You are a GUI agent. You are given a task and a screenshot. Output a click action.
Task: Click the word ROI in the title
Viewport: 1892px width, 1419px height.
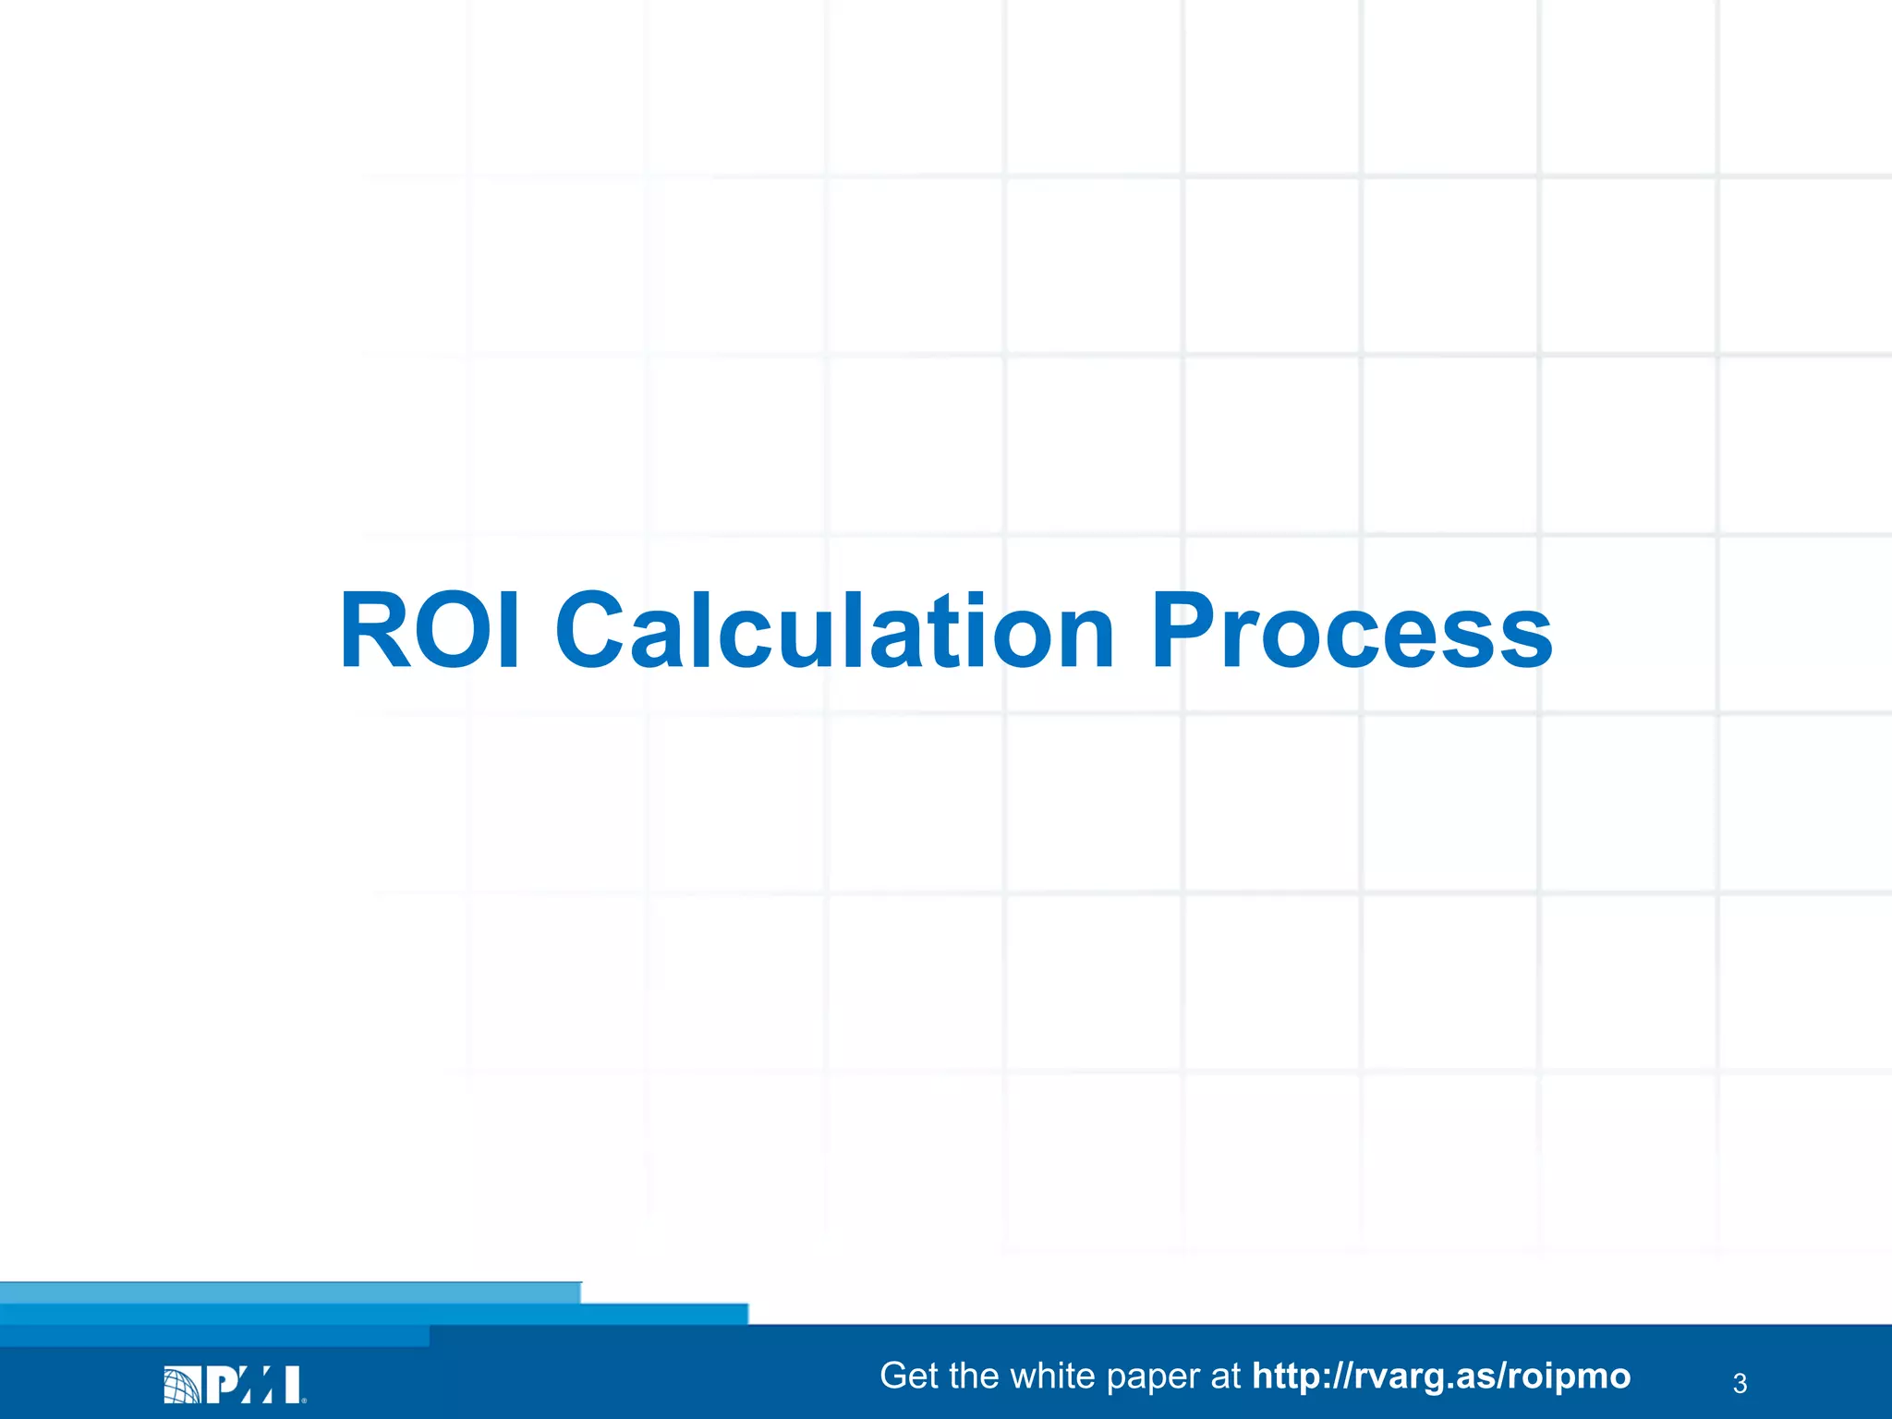coord(430,630)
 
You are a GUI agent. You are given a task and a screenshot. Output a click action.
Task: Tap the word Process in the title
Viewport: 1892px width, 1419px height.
coord(1351,630)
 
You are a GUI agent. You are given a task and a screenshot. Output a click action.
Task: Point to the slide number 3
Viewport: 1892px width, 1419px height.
coord(1740,1383)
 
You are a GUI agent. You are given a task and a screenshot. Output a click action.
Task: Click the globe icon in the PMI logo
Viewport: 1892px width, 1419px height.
coord(182,1385)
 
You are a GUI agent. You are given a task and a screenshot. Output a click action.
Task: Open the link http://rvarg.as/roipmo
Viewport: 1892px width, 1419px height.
coord(1441,1376)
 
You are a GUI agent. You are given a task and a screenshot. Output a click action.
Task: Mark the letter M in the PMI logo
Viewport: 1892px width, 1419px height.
coord(258,1385)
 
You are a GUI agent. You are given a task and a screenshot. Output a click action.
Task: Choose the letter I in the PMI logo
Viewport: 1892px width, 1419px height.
coord(292,1385)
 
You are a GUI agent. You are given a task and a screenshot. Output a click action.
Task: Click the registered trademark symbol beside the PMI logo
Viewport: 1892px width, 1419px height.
coord(304,1400)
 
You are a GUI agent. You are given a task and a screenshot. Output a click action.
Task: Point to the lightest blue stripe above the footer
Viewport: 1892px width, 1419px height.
coord(290,1292)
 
